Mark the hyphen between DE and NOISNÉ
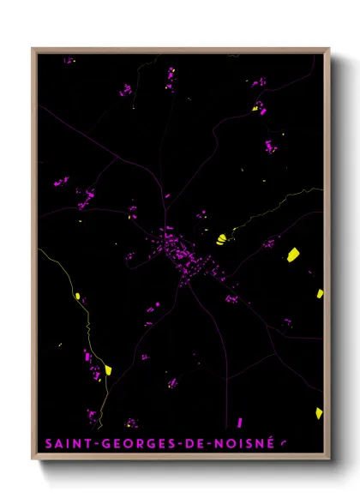tap(206, 444)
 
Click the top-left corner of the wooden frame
tap(33, 49)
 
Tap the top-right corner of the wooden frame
tap(329, 49)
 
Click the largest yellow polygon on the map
tap(292, 254)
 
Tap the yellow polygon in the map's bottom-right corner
tap(319, 413)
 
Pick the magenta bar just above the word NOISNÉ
tap(240, 423)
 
